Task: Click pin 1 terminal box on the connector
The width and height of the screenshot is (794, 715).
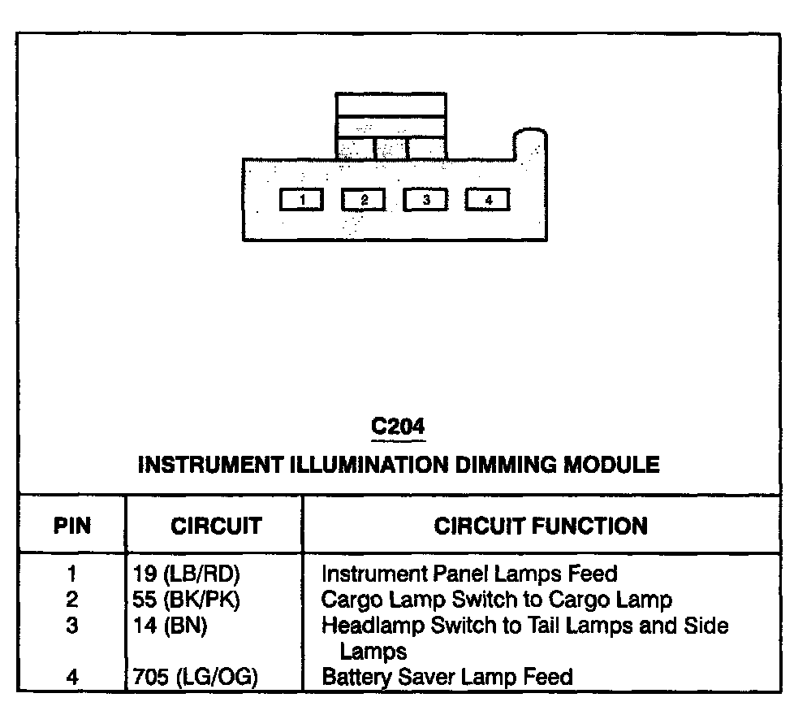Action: pos(301,200)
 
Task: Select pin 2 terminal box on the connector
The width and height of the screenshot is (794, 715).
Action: pos(364,200)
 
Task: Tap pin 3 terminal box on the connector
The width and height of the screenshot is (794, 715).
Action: pos(425,200)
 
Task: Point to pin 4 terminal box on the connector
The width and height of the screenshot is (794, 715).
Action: pos(488,200)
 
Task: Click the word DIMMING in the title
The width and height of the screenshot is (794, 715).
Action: pos(501,466)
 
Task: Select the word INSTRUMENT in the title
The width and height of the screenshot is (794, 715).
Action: pos(212,466)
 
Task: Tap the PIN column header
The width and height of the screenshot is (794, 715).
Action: pos(72,526)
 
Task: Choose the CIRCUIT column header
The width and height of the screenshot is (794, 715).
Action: pos(216,526)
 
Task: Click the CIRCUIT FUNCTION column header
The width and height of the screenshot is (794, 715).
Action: pos(541,526)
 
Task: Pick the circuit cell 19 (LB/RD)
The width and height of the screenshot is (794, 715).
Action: pos(187,574)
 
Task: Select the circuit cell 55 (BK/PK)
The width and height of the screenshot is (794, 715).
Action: pos(187,600)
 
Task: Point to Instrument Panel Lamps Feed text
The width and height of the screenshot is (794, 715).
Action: pos(469,574)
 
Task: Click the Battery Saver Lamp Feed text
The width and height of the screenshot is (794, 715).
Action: pos(447,677)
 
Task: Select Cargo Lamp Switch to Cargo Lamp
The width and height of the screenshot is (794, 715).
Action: pos(497,600)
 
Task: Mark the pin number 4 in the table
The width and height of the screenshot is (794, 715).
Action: pos(72,677)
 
